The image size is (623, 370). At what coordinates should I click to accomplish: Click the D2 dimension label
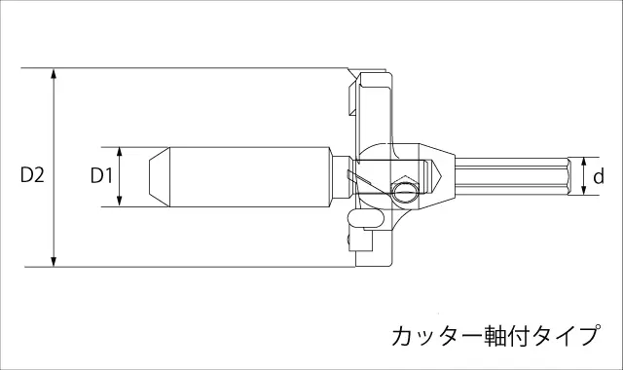coord(32,175)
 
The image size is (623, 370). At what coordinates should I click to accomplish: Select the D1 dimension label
coord(102,175)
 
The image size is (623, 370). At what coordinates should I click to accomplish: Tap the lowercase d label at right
coord(599,176)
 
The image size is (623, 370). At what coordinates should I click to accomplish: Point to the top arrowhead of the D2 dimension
coord(54,73)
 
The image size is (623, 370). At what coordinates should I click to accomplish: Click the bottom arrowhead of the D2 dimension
coord(54,262)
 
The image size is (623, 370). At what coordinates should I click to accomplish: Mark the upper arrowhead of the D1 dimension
coord(120,152)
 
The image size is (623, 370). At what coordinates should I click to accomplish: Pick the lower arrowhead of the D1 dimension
coord(120,202)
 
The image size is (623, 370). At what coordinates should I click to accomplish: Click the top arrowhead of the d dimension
coord(584,162)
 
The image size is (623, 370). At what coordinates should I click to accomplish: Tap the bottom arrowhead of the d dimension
coord(584,191)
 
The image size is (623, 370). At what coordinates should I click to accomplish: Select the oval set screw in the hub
coord(405,193)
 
